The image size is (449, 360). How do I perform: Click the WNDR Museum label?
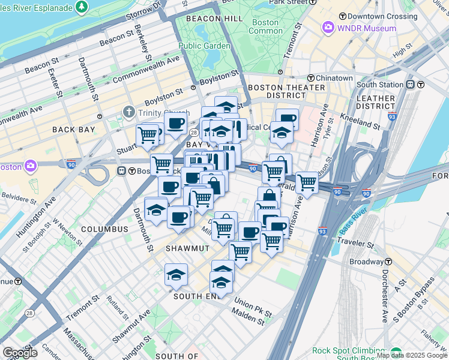367,28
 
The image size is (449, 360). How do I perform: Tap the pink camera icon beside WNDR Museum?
328,28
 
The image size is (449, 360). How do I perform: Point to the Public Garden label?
204,46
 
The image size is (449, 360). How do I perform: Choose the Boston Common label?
265,26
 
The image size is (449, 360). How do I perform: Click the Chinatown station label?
334,79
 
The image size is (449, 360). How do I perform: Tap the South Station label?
384,85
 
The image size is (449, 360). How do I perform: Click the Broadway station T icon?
389,262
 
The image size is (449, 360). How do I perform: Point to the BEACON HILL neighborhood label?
214,19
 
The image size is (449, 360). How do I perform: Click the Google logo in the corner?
19,353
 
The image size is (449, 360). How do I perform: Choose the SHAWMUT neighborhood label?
187,248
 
